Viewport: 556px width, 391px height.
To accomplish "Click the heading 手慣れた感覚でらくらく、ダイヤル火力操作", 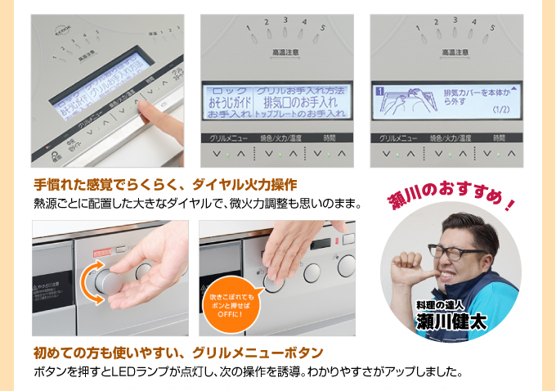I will point(165,183).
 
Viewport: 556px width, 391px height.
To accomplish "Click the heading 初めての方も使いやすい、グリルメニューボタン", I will point(178,353).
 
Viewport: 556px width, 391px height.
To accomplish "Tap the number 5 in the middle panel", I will point(324,28).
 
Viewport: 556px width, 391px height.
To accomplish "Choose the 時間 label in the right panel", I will point(496,138).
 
